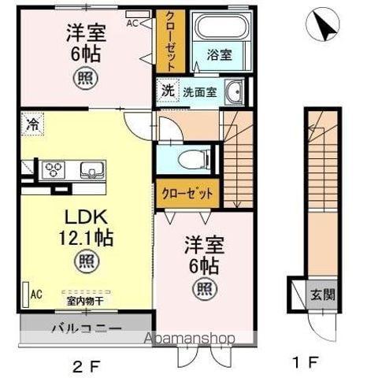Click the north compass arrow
point(322,25)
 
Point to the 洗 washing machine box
point(167,90)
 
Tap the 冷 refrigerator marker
point(31,124)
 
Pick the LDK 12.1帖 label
point(81,228)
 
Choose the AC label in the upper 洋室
point(132,22)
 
